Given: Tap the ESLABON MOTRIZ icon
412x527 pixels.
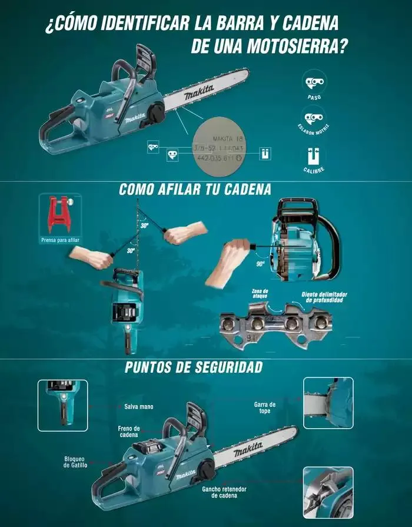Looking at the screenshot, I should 314,117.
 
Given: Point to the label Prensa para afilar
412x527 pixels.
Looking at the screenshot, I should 60,240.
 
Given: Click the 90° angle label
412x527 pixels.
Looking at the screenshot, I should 260,264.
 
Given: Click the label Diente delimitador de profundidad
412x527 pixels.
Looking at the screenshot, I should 324,297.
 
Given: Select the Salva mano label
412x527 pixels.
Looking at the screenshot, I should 139,406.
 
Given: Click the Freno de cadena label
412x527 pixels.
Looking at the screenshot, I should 129,432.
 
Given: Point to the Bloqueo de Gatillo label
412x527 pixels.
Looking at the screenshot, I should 75,462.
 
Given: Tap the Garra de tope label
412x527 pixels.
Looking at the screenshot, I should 265,407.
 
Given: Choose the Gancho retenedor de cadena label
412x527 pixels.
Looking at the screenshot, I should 224,492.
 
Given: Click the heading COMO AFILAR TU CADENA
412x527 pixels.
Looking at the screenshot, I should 195,190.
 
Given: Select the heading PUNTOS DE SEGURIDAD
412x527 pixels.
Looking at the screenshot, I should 194,367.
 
